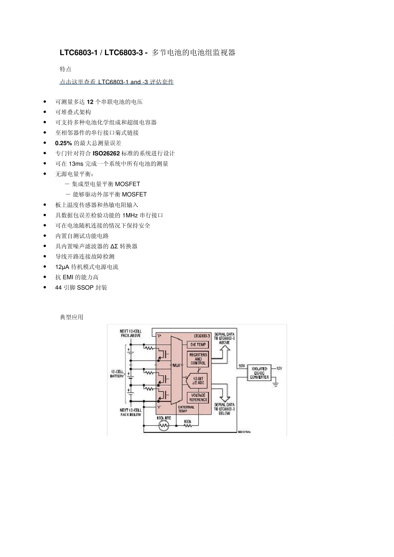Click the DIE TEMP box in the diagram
pos(198,344)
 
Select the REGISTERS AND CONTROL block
pos(198,359)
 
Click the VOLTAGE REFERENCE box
pos(198,397)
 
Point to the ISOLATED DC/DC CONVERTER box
pos(260,373)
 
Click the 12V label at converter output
pos(279,368)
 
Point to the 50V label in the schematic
pos(241,366)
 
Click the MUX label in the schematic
pos(177,365)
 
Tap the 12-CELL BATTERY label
pos(117,373)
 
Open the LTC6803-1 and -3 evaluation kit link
pos(117,82)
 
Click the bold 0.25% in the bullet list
pos(63,143)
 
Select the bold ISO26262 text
pos(106,153)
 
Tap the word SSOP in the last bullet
pos(85,288)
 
